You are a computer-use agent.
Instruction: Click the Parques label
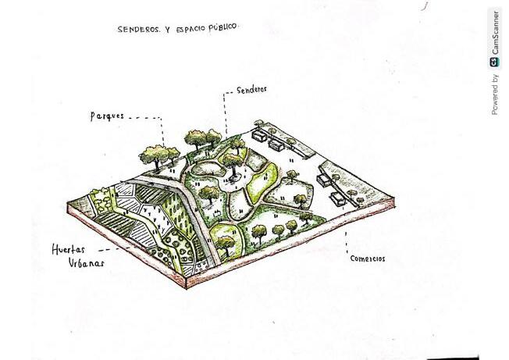(107, 116)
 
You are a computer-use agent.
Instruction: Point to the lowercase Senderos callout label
(251, 89)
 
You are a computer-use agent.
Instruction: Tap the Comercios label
(367, 258)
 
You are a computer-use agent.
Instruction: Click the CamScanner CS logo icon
(495, 62)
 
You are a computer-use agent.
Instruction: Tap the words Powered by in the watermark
(495, 94)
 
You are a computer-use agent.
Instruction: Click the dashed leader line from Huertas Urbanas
(117, 249)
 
